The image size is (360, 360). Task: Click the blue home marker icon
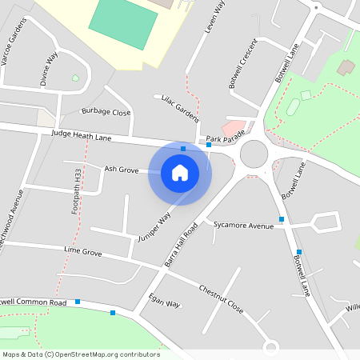pos(180,173)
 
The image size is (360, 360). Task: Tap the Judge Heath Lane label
pos(80,134)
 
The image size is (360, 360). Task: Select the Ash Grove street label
pos(122,169)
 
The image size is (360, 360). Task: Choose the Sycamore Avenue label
pos(244,226)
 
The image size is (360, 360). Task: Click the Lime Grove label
pos(83,252)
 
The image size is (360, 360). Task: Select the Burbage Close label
pos(106,112)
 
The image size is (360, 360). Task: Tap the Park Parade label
pos(223,138)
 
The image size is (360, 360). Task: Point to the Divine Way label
pos(50,69)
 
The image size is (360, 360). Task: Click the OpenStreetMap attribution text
pos(81,354)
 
